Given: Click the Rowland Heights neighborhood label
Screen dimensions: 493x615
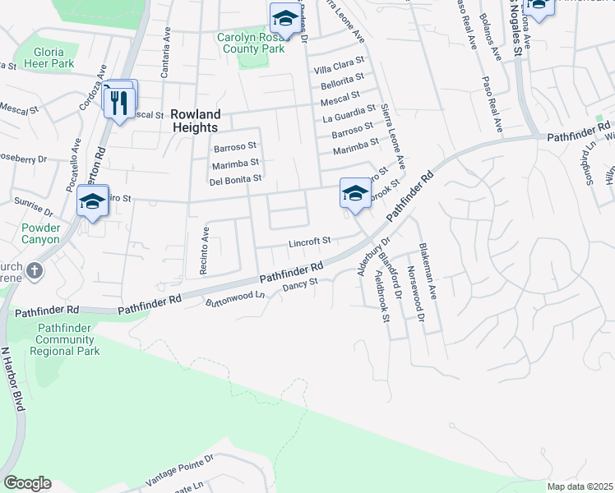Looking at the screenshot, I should pyautogui.click(x=194, y=121).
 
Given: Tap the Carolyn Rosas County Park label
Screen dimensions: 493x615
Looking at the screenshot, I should pyautogui.click(x=252, y=43).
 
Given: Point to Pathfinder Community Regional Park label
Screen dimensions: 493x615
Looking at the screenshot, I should pyautogui.click(x=65, y=339).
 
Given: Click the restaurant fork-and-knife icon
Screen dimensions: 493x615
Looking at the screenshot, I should pyautogui.click(x=119, y=102).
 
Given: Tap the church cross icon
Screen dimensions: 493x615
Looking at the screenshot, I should pyautogui.click(x=34, y=270).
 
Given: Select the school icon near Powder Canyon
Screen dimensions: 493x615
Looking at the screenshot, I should pyautogui.click(x=92, y=201).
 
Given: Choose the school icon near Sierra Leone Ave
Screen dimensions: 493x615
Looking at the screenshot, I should pyautogui.click(x=355, y=194).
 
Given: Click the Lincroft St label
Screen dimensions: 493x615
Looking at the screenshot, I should pyautogui.click(x=309, y=242).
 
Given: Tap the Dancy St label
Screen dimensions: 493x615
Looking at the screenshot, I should pyautogui.click(x=299, y=285).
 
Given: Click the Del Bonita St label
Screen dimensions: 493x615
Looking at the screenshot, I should pyautogui.click(x=236, y=178).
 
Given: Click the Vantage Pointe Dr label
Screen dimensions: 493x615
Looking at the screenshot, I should pyautogui.click(x=179, y=469).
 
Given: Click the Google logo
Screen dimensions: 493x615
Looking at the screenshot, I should pyautogui.click(x=27, y=482).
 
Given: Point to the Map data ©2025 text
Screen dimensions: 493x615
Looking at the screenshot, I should pyautogui.click(x=579, y=486).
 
